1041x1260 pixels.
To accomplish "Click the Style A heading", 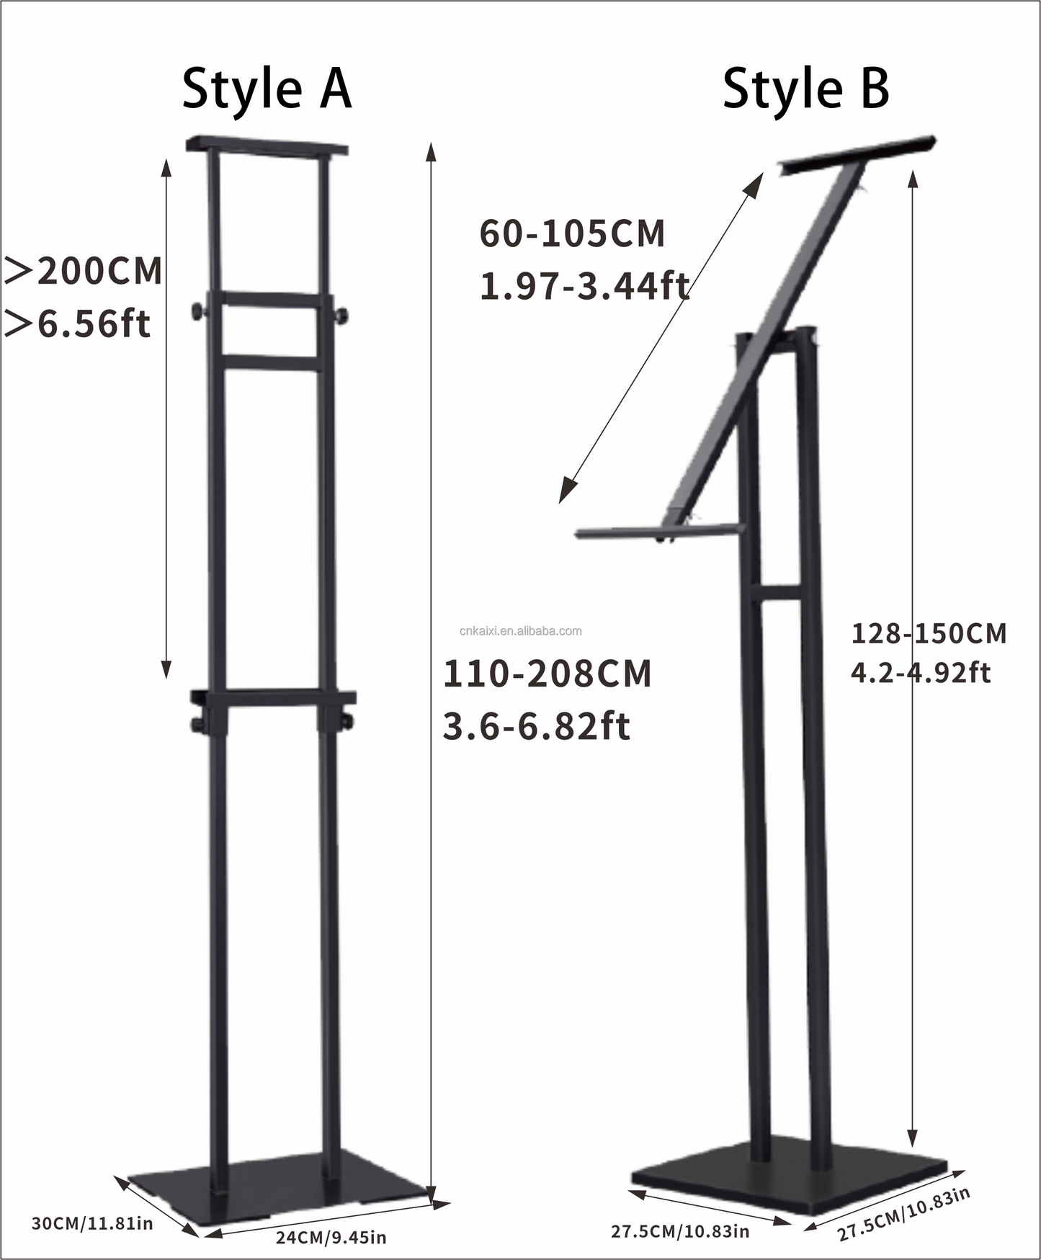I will pyautogui.click(x=267, y=89).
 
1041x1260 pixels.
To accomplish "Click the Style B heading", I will pyautogui.click(x=805, y=89).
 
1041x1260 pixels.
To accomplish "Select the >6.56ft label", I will pyautogui.click(x=78, y=323).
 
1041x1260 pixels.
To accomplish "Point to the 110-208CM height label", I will pyautogui.click(x=547, y=674).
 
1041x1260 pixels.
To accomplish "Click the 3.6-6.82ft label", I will pyautogui.click(x=536, y=726).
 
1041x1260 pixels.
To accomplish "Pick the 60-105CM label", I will pyautogui.click(x=572, y=234).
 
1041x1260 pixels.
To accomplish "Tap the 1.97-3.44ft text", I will pyautogui.click(x=584, y=286).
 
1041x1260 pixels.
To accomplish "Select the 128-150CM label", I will pyautogui.click(x=929, y=634).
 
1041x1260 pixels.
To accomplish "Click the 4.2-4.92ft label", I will pyautogui.click(x=921, y=673).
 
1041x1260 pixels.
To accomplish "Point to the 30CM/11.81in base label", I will pyautogui.click(x=92, y=1223).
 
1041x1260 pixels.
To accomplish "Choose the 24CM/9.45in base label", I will pyautogui.click(x=331, y=1238).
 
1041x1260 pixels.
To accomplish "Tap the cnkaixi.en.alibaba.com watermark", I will pyautogui.click(x=520, y=631).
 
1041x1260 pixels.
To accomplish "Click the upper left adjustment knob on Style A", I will pyautogui.click(x=196, y=312).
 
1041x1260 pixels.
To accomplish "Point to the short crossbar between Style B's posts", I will pyautogui.click(x=777, y=593).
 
